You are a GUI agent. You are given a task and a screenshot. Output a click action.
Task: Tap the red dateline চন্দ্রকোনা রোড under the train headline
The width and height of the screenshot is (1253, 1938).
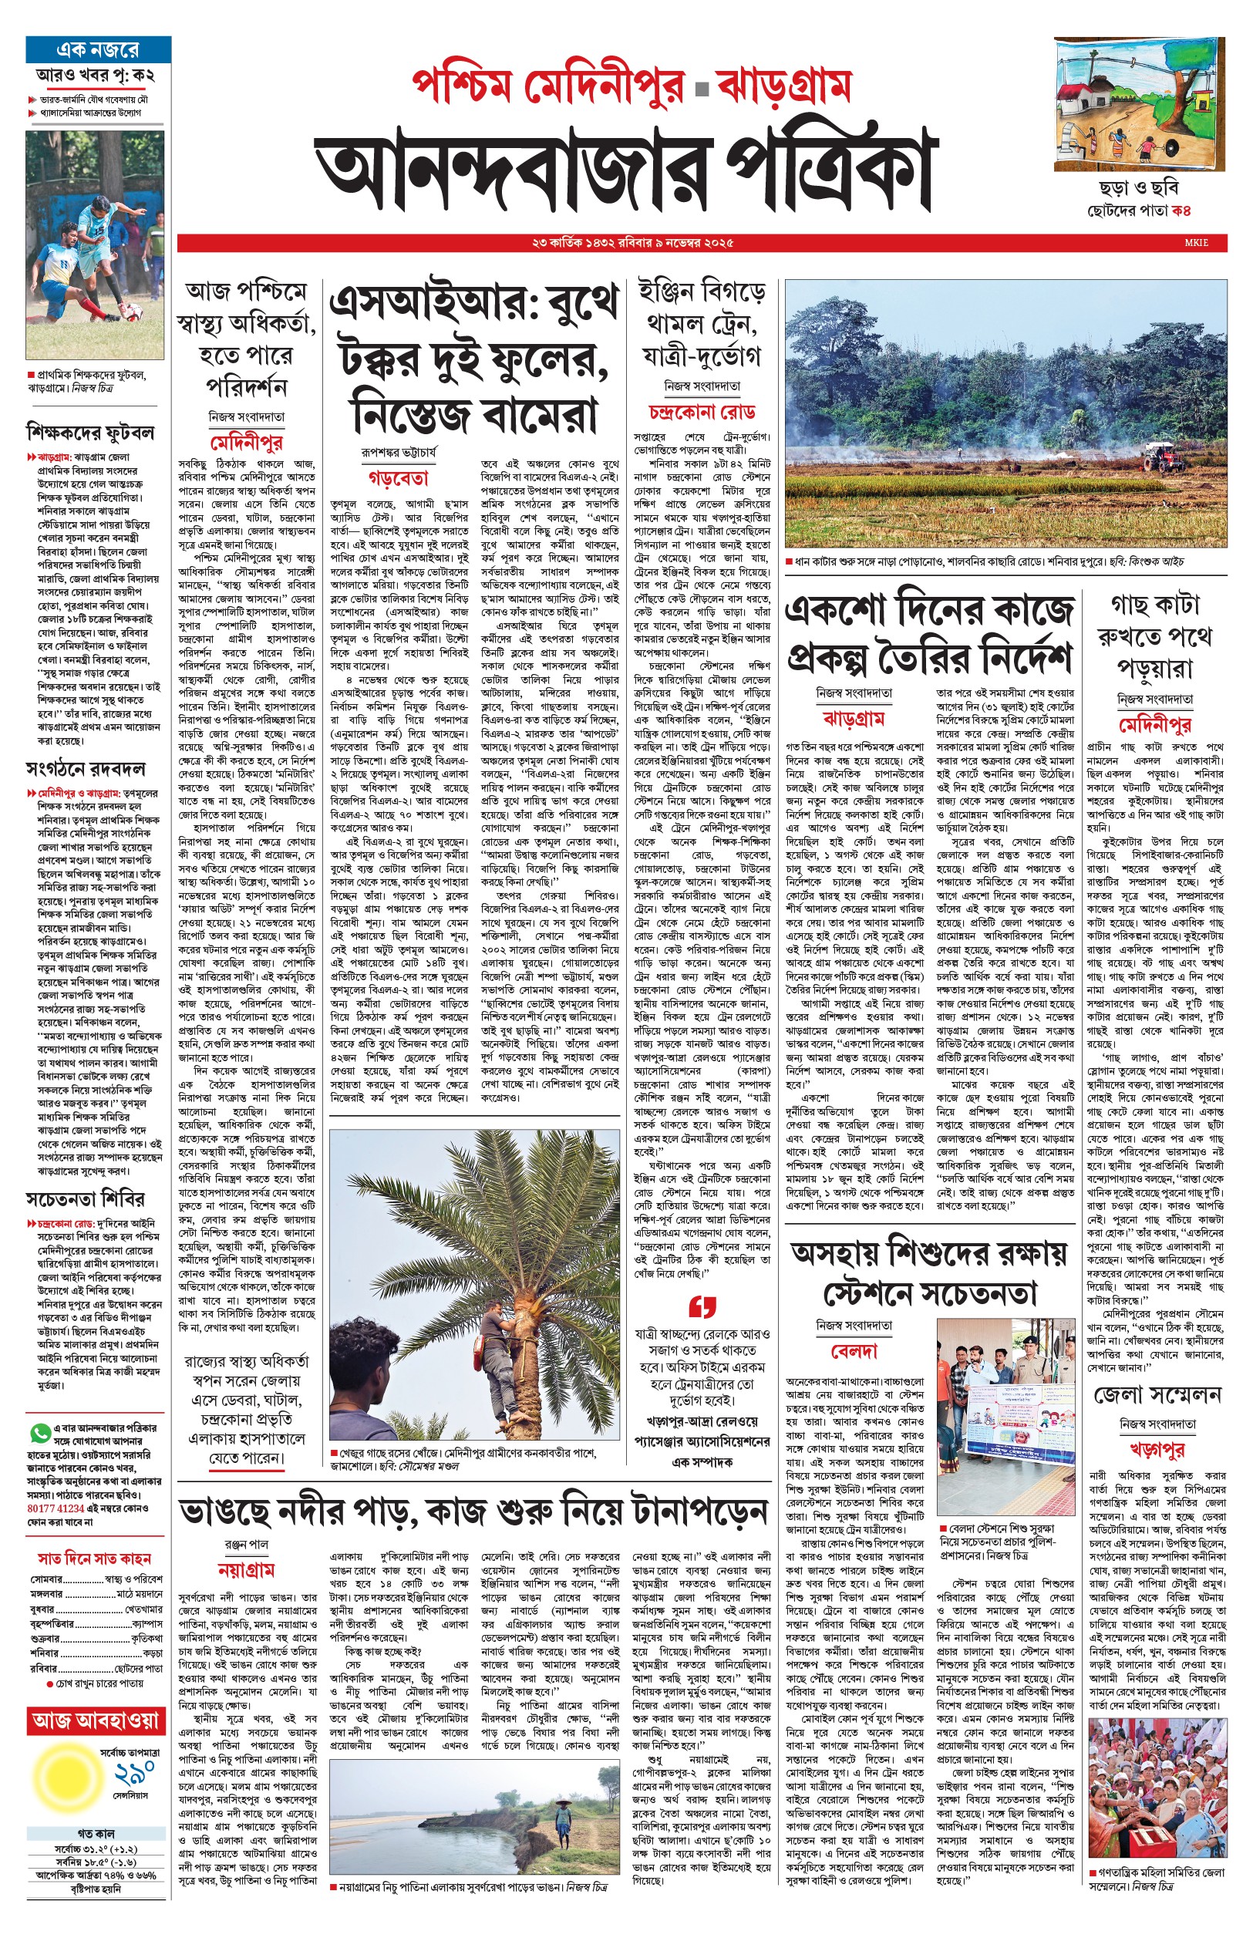702,412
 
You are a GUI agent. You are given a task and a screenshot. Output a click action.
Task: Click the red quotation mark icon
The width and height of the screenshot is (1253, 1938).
702,1306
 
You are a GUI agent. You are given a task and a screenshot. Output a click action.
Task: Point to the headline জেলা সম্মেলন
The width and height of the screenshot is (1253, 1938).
1158,1395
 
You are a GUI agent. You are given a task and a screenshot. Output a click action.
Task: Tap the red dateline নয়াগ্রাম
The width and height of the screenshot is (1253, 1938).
247,1570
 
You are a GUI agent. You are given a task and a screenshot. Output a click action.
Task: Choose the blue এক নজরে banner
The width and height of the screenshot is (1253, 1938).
98,49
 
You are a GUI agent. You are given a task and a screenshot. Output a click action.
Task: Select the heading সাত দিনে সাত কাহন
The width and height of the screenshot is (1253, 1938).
94,1558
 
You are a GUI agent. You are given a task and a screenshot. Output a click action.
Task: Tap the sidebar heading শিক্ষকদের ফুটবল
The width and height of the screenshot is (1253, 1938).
89,432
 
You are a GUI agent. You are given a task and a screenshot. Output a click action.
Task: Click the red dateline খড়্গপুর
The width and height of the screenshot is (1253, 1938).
1157,1449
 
